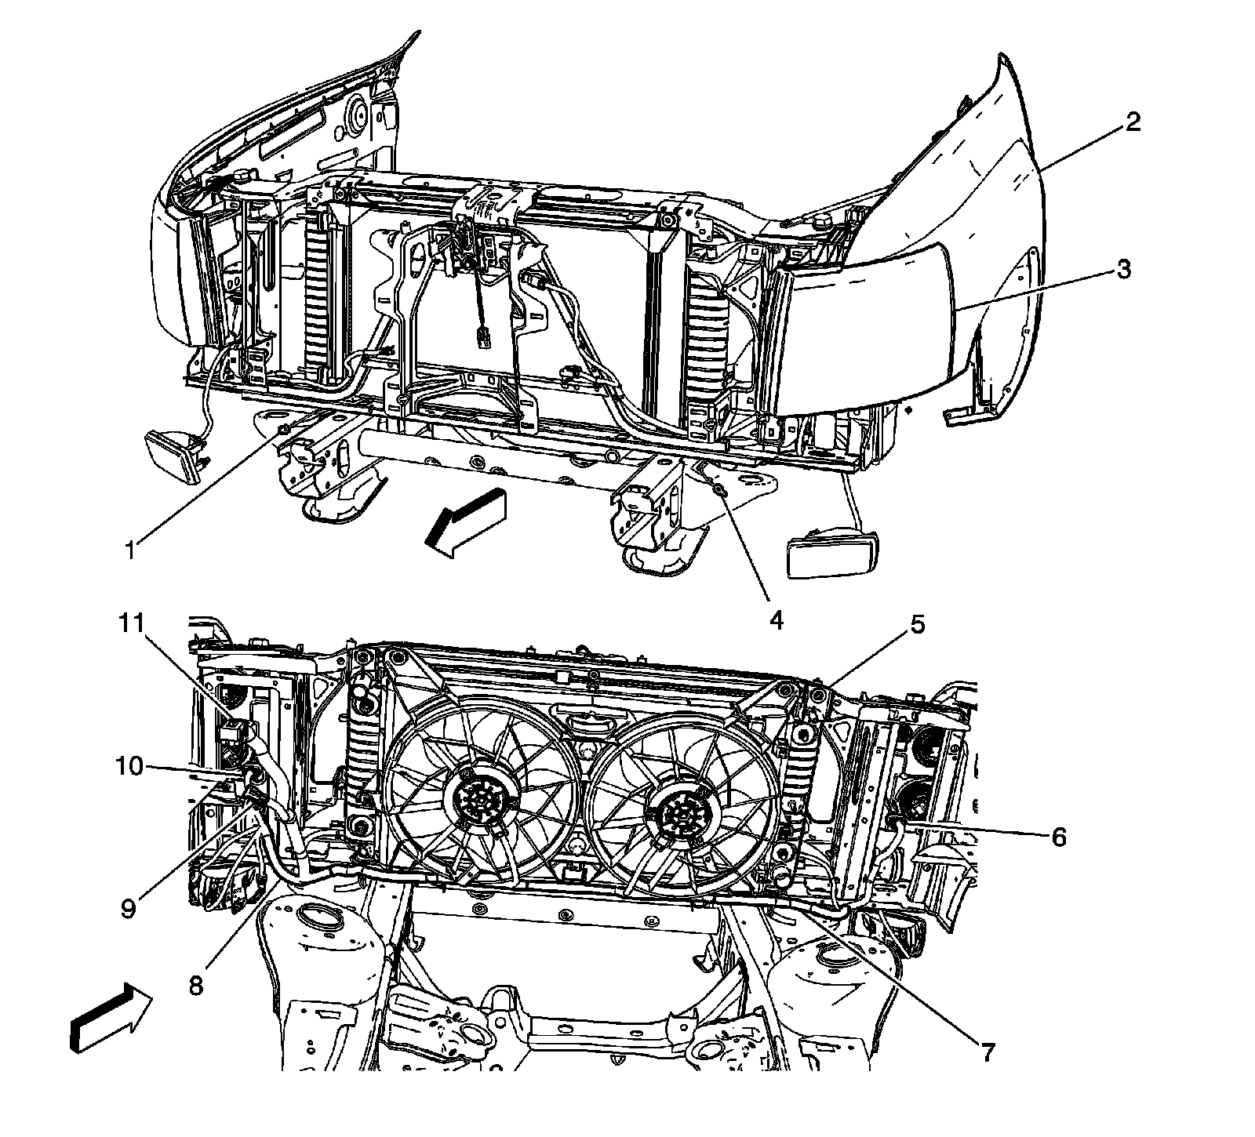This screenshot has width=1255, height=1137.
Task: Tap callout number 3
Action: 1122,269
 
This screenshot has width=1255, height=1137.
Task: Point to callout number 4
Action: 776,620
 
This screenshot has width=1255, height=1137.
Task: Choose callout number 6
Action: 1058,837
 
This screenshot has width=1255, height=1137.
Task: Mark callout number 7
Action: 985,1052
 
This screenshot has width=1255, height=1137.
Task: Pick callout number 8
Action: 196,985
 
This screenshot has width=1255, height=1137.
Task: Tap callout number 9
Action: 129,907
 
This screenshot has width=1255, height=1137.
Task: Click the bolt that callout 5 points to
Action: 817,696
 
